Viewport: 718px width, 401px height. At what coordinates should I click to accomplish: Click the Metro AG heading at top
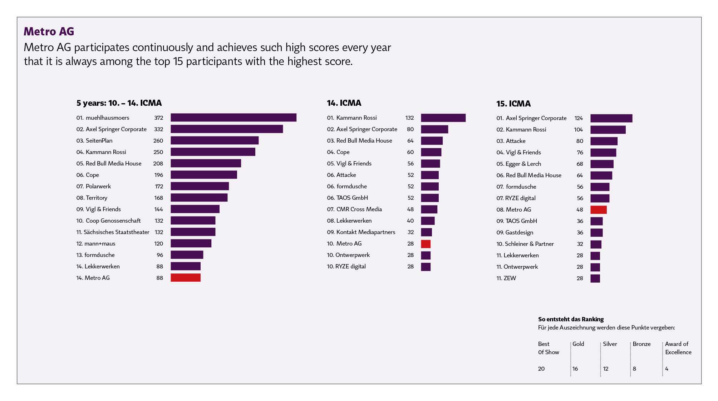tap(49, 31)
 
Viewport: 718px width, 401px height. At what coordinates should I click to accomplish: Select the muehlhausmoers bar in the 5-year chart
tap(233, 118)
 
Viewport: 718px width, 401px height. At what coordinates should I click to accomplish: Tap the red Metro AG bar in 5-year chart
tap(185, 278)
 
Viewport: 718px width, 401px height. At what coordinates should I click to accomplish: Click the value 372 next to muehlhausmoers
tap(158, 118)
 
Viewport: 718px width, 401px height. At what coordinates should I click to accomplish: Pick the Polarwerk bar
tap(200, 186)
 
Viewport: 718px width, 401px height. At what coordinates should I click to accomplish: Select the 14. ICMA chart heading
tap(344, 103)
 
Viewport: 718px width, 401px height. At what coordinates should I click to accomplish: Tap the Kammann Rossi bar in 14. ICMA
tap(443, 118)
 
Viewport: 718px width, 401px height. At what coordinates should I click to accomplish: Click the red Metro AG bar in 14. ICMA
tap(426, 244)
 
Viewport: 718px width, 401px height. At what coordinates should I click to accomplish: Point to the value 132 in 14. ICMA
tap(409, 118)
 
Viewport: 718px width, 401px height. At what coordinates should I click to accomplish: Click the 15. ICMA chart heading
tap(513, 104)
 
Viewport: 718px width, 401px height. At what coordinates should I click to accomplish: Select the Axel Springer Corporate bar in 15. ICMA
tap(611, 118)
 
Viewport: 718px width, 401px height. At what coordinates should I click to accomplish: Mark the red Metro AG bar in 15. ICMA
tap(598, 210)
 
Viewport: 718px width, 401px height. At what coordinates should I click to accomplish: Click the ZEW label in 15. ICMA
tap(510, 278)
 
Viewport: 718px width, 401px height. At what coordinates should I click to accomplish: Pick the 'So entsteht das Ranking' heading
tap(571, 320)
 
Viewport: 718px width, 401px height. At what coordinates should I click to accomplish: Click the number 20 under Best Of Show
tap(541, 369)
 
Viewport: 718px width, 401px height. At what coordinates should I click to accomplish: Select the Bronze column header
tap(641, 344)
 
